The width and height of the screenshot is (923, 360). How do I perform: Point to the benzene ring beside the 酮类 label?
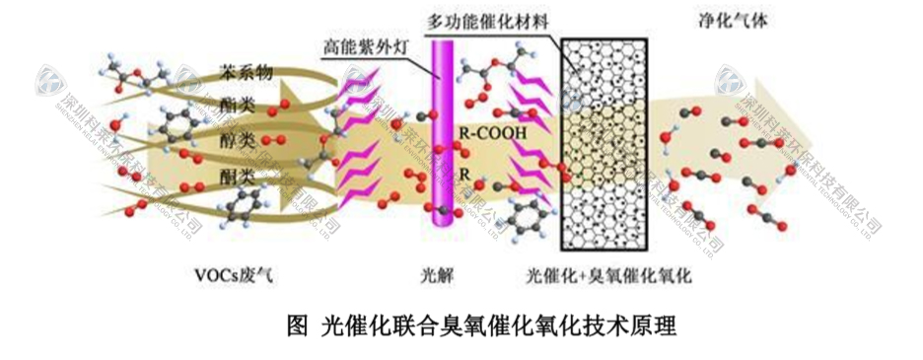[x=180, y=125]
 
